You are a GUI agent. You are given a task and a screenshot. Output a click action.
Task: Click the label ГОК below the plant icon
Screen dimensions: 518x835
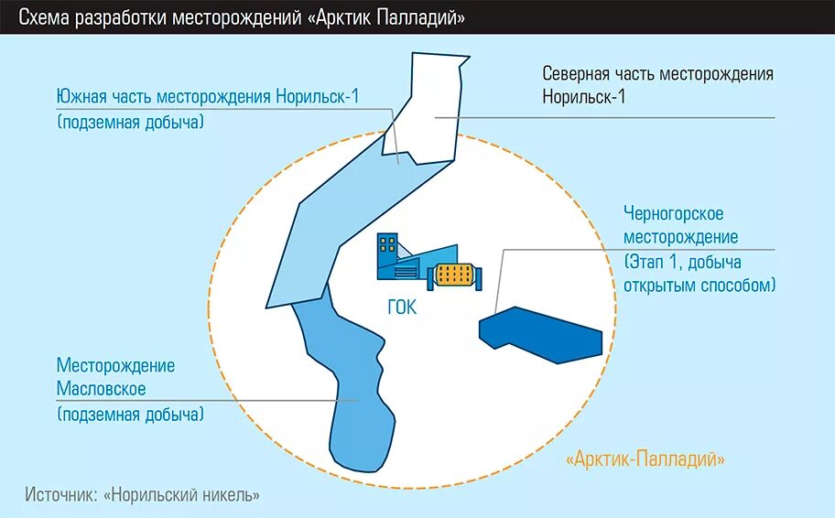(401, 308)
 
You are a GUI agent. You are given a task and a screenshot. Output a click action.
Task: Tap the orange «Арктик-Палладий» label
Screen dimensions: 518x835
(645, 459)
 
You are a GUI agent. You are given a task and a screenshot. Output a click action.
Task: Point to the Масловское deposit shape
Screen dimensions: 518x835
(352, 394)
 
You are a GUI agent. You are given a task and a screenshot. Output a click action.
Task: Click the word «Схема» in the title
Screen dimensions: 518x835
(44, 17)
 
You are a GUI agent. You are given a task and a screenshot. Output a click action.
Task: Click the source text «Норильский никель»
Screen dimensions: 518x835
(182, 494)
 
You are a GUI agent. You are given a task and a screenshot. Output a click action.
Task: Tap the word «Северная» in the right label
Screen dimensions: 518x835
(577, 74)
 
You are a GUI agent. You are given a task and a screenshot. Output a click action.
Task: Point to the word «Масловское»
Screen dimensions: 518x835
(102, 389)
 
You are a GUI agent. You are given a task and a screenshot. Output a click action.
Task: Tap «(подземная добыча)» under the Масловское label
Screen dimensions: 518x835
(130, 415)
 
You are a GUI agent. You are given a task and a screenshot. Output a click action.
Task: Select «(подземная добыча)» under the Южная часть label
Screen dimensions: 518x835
(130, 122)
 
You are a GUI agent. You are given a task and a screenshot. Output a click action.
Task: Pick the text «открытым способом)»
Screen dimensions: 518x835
(699, 286)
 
